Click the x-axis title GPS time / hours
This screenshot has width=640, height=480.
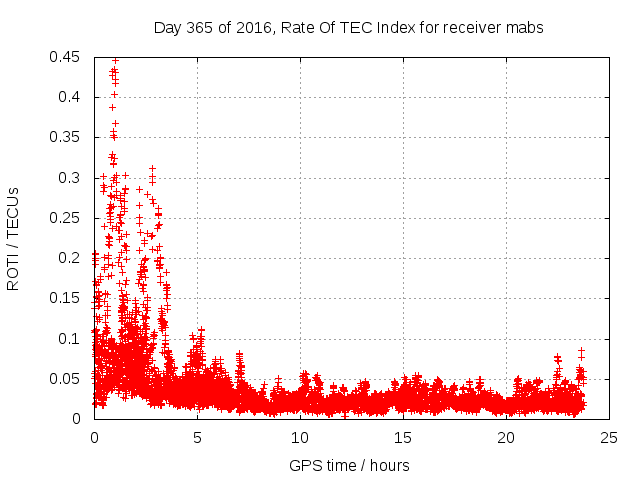[349, 465]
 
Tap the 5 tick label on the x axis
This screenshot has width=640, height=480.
[197, 437]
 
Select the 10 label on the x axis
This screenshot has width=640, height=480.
[300, 437]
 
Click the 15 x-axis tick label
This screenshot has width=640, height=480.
[403, 437]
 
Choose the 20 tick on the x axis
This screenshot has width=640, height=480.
[506, 437]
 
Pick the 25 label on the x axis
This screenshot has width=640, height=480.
[609, 437]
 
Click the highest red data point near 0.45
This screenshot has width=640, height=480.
[115, 60]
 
